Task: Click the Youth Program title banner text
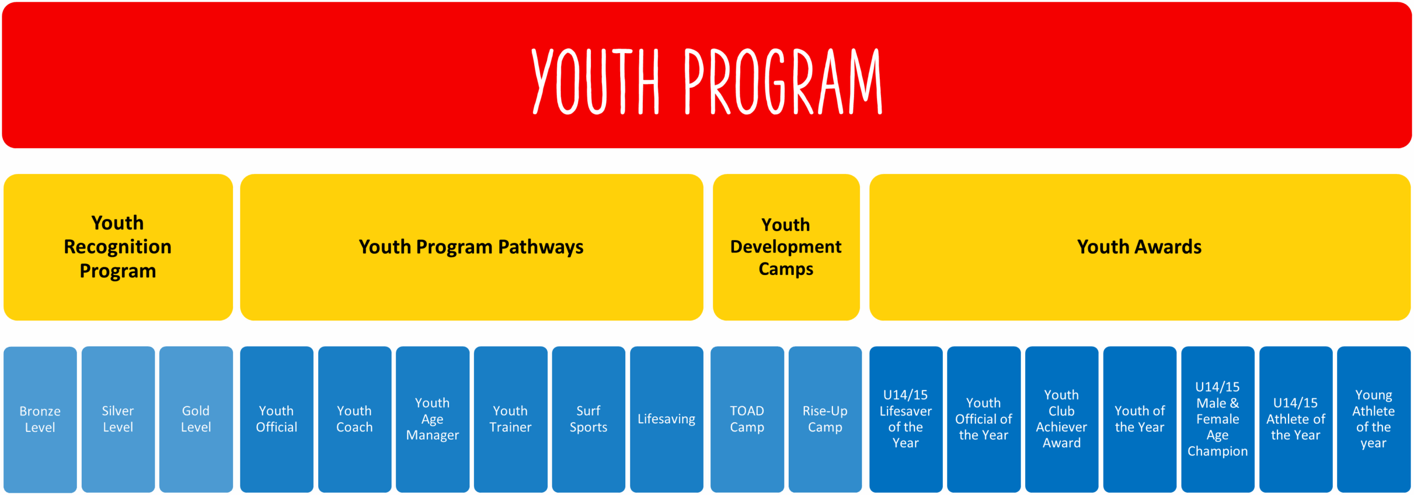[x=707, y=81]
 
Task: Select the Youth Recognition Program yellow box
[x=118, y=247]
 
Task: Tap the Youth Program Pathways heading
[x=471, y=247]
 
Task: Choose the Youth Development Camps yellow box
[x=786, y=247]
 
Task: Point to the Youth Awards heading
[x=1139, y=246]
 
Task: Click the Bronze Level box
[x=40, y=419]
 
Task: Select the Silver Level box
[x=118, y=419]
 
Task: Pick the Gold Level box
[x=196, y=419]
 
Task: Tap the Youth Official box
[x=277, y=419]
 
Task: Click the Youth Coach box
[x=355, y=419]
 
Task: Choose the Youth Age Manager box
[x=432, y=419]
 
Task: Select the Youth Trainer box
[x=510, y=419]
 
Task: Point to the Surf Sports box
[x=588, y=419]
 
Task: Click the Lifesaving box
[x=667, y=419]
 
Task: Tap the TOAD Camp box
[x=747, y=419]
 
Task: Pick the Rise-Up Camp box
[x=825, y=419]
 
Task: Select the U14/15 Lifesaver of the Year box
[x=906, y=419]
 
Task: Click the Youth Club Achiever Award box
[x=1062, y=419]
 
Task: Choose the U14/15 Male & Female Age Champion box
[x=1218, y=419]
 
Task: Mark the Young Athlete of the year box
[x=1374, y=419]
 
